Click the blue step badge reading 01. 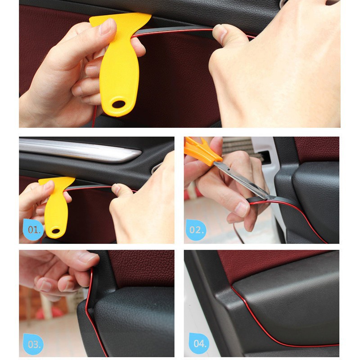[34, 230]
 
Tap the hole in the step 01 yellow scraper [56, 231]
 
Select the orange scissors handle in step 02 [201, 151]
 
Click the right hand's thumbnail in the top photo [220, 32]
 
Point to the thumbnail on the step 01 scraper [49, 185]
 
